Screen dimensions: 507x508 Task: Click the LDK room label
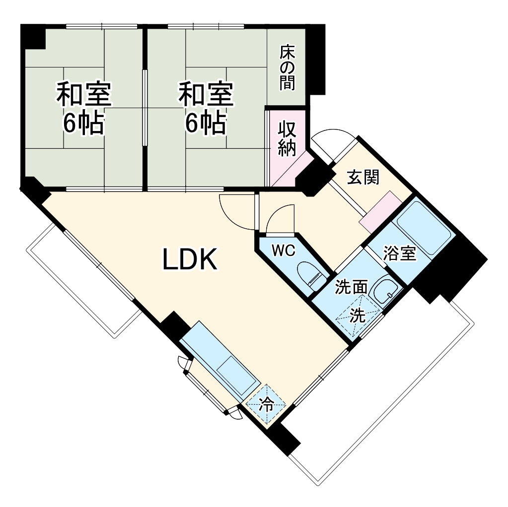tap(190, 259)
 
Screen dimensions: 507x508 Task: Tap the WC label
tap(284, 251)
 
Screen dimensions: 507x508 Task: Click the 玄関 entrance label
tap(363, 177)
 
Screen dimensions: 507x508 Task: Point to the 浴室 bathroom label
tap(399, 253)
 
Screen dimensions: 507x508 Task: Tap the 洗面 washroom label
tap(351, 287)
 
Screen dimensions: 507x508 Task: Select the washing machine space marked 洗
tap(358, 316)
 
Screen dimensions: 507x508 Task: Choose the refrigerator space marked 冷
tap(267, 404)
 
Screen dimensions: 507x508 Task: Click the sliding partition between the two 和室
tap(145, 107)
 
